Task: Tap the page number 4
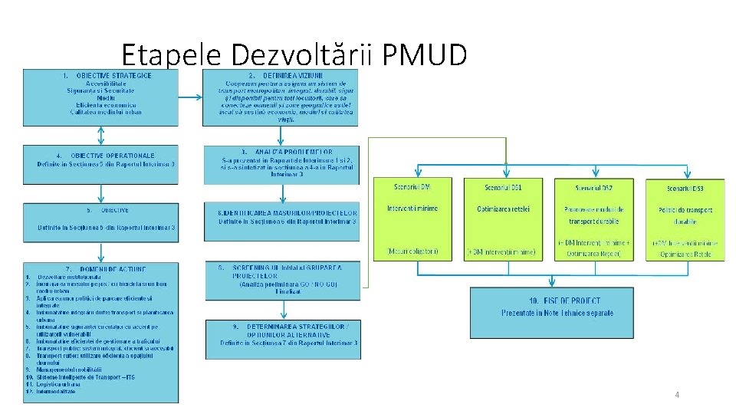[x=677, y=394]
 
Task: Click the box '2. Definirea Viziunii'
[x=279, y=97]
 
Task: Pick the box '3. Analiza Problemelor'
[x=281, y=165]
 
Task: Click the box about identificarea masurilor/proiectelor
[x=281, y=221]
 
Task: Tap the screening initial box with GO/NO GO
[x=281, y=281]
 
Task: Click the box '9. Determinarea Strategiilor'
[x=281, y=337]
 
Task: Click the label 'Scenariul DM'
[x=414, y=187]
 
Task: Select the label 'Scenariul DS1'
[x=504, y=187]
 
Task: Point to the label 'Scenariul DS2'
[x=593, y=187]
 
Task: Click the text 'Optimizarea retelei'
[x=503, y=209]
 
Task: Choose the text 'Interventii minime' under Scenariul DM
[x=414, y=209]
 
